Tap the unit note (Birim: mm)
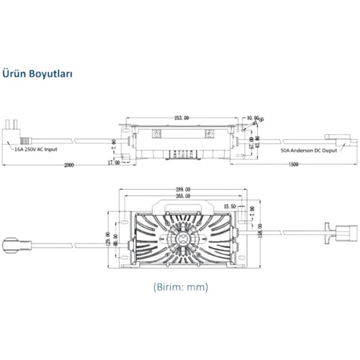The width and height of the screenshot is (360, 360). pyautogui.click(x=180, y=287)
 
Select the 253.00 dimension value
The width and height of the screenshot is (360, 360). pyautogui.click(x=181, y=118)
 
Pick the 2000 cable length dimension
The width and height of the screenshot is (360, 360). pyautogui.click(x=69, y=165)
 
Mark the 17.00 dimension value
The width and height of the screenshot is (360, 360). pyautogui.click(x=114, y=163)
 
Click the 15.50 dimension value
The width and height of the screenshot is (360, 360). pyautogui.click(x=230, y=206)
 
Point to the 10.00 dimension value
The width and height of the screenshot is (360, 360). pyautogui.click(x=253, y=118)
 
